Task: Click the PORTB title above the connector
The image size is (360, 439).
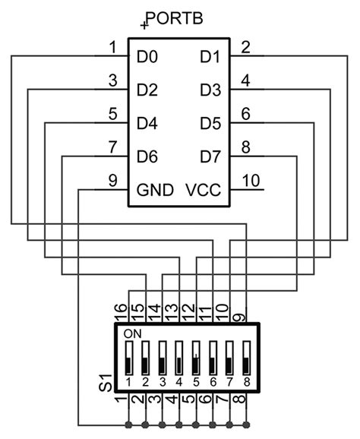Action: pos(176,17)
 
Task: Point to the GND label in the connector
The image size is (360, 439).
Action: pos(155,190)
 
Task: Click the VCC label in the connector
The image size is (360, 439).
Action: pos(203,190)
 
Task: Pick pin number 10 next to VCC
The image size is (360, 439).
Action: pos(251,181)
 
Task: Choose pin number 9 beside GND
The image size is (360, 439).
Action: pos(112,181)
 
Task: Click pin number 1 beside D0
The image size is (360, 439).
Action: pos(112,47)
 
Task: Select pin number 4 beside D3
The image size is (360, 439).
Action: pos(245,81)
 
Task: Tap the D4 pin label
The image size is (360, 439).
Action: pos(147,123)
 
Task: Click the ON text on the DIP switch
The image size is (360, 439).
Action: pos(132,333)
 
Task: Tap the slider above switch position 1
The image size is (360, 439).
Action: pos(128,357)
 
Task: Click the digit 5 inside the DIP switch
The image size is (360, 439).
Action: pos(195,381)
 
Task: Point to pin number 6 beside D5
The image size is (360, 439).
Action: pos(245,114)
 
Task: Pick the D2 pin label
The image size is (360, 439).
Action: pos(147,90)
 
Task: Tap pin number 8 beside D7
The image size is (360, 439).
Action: pos(245,147)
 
